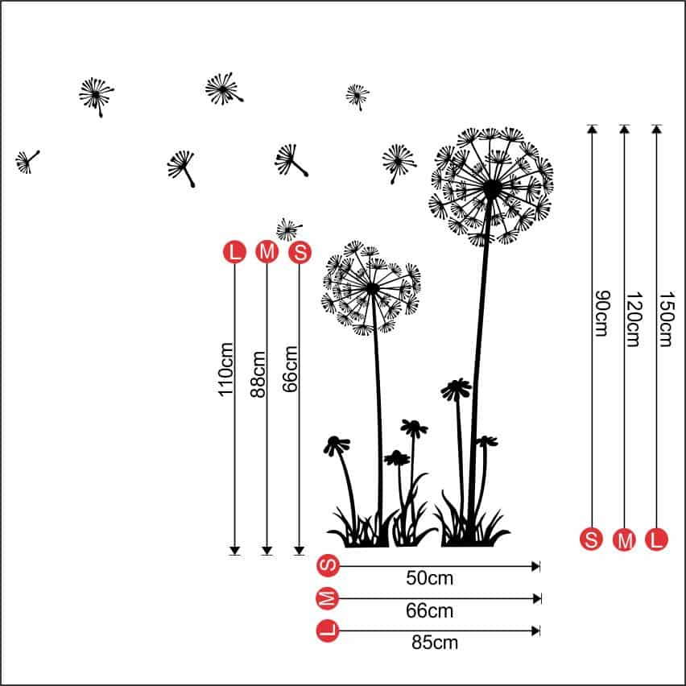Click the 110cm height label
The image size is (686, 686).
tap(226, 369)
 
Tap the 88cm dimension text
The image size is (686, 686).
tap(258, 374)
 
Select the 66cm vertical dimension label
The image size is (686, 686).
tap(291, 369)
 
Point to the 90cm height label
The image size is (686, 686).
tap(600, 314)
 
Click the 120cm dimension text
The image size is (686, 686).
tap(632, 319)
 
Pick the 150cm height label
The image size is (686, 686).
tap(665, 319)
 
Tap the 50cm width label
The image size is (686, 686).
tap(429, 578)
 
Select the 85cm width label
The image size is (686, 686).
tap(434, 643)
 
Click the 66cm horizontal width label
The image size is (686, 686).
tap(429, 611)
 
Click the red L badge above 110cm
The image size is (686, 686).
tap(234, 252)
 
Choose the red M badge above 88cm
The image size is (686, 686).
tap(267, 252)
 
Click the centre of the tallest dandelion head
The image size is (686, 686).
tap(491, 188)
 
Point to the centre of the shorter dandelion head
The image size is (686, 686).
tap(372, 287)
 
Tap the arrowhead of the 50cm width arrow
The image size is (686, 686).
tap(536, 567)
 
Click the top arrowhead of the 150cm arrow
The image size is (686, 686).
tap(657, 128)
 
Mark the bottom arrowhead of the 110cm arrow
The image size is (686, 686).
tap(234, 550)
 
